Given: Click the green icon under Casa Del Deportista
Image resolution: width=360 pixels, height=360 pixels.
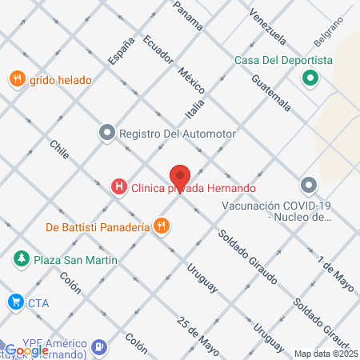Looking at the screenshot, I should click(x=310, y=78).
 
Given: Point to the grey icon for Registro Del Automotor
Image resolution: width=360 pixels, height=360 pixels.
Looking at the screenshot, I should click(x=106, y=133).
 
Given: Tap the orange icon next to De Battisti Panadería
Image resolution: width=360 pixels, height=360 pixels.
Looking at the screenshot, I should click(x=162, y=226).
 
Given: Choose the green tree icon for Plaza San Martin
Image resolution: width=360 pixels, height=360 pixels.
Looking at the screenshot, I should click(x=20, y=259).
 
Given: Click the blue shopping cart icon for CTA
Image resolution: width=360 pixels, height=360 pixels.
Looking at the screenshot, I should click(x=14, y=302).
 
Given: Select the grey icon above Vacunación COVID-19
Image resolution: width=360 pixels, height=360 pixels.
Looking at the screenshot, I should click(x=310, y=186).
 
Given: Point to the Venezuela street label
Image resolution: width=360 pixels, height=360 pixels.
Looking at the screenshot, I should click(x=266, y=26).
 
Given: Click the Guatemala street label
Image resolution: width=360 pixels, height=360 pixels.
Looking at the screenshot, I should click(x=270, y=91).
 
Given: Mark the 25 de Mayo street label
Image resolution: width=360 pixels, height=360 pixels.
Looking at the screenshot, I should click(x=198, y=336).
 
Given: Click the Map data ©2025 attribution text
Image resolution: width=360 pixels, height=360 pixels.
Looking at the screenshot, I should click(x=325, y=354).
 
